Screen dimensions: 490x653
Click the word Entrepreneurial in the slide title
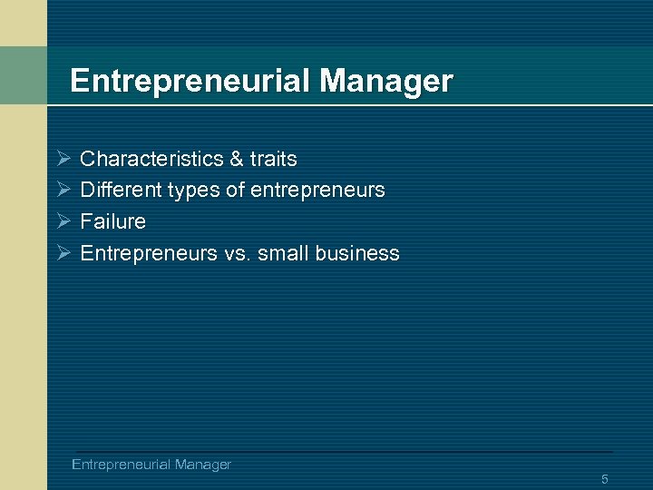(190, 82)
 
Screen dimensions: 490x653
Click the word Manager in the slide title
(386, 82)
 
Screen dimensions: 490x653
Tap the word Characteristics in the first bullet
(151, 159)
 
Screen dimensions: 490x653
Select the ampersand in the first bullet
(237, 159)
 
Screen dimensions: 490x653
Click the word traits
(273, 159)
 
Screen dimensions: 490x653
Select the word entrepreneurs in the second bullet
(317, 191)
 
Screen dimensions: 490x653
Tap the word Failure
(112, 221)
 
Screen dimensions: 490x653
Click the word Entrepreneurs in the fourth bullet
(149, 254)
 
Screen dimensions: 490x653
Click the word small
(282, 253)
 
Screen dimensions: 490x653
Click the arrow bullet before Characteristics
(63, 160)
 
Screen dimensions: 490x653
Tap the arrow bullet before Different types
(63, 191)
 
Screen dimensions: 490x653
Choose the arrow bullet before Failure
(63, 222)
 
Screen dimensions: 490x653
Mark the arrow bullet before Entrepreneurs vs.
(63, 254)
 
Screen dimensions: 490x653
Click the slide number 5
(604, 478)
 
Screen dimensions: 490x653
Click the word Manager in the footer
(202, 465)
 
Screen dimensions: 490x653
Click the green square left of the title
(24, 75)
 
